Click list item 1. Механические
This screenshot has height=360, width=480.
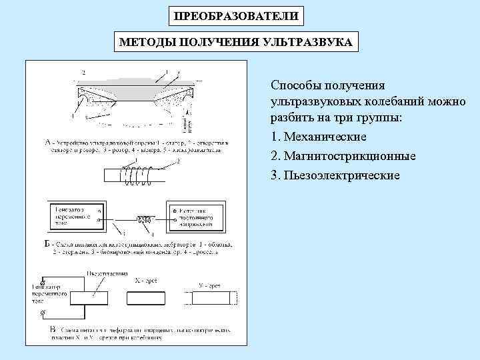coord(319,137)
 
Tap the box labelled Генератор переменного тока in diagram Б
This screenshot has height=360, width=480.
coord(73,215)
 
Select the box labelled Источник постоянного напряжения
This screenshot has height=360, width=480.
coord(198,215)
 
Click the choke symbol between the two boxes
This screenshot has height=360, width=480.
coord(144,219)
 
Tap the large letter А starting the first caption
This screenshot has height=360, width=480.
coord(47,142)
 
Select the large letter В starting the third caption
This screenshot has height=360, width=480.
coord(53,329)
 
